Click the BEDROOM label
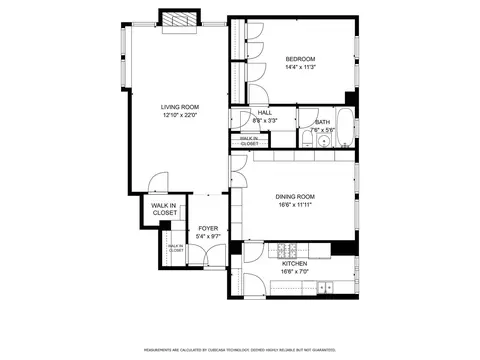click(x=299, y=59)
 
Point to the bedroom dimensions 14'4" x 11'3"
click(x=299, y=67)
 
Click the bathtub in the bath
click(x=343, y=128)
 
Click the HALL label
click(x=265, y=113)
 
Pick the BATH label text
click(x=322, y=122)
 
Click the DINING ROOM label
click(x=296, y=196)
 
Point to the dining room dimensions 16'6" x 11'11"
click(x=296, y=204)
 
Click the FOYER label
click(x=208, y=228)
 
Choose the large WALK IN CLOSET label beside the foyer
click(x=164, y=209)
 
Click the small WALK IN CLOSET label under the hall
click(x=249, y=141)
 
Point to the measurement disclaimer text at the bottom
click(x=240, y=350)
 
